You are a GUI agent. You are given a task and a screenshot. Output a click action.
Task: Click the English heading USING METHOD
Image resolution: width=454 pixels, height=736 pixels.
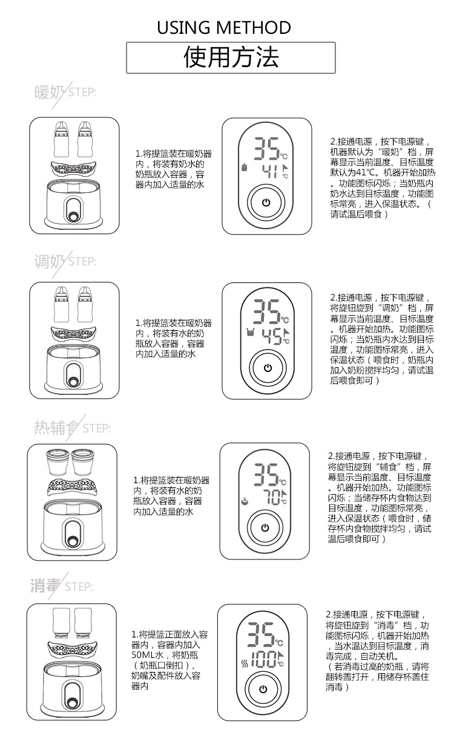[224, 27]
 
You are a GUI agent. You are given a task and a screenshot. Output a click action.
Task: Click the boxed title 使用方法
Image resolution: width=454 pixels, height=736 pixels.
[231, 57]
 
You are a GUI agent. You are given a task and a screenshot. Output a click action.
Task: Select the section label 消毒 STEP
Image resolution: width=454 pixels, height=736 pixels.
[61, 586]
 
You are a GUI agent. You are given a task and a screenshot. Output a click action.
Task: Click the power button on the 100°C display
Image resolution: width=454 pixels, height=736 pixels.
[262, 689]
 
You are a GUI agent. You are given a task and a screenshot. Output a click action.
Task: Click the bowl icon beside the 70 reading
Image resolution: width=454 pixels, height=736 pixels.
[245, 500]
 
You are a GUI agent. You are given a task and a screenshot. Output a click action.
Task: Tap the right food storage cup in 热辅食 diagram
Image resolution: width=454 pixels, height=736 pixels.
[83, 463]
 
